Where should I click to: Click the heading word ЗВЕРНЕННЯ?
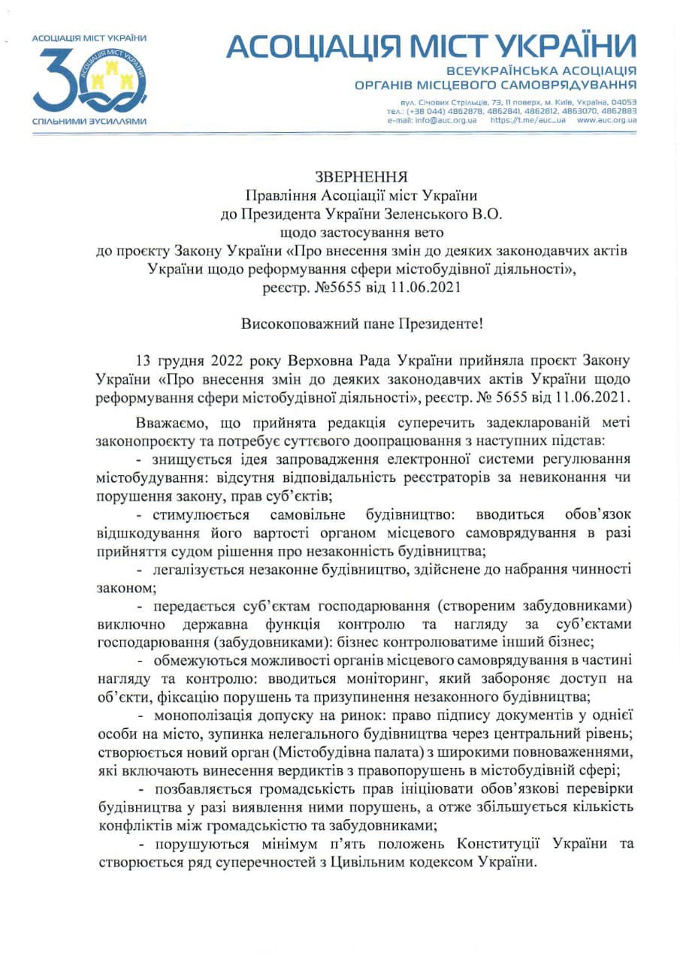pyautogui.click(x=360, y=177)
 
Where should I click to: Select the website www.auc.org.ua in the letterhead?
pyautogui.click(x=606, y=120)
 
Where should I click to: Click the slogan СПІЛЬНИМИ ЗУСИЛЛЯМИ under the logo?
pyautogui.click(x=89, y=121)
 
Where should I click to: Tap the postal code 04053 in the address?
pyautogui.click(x=623, y=101)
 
